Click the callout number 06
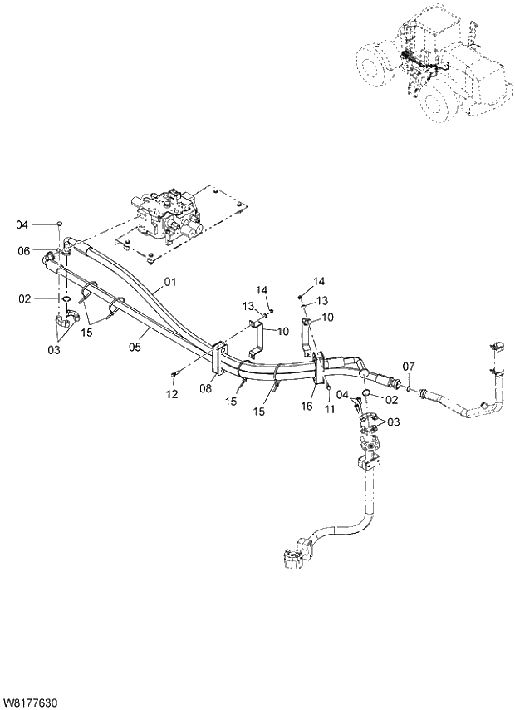point(24,251)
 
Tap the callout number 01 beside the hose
point(170,281)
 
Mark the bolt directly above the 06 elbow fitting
point(61,224)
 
